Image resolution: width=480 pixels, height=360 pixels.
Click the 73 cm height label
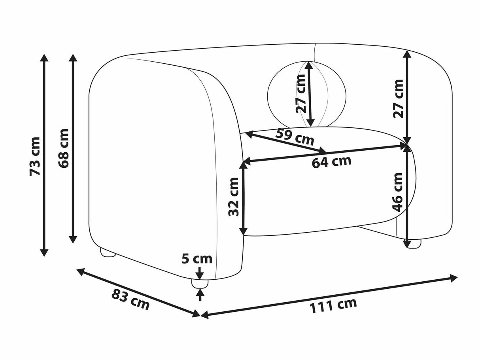(35, 156)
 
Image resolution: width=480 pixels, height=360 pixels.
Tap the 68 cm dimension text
(64, 148)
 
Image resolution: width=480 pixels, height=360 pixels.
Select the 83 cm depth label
(130, 299)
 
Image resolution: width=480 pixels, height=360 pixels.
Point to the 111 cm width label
(333, 305)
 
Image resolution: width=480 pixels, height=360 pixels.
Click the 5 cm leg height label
(197, 259)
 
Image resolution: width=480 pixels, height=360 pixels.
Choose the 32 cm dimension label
(233, 197)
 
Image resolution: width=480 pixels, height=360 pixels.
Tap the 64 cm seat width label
(331, 162)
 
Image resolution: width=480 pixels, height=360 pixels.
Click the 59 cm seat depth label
(295, 137)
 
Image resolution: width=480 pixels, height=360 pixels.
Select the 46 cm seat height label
(397, 192)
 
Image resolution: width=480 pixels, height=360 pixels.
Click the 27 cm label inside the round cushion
(300, 94)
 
